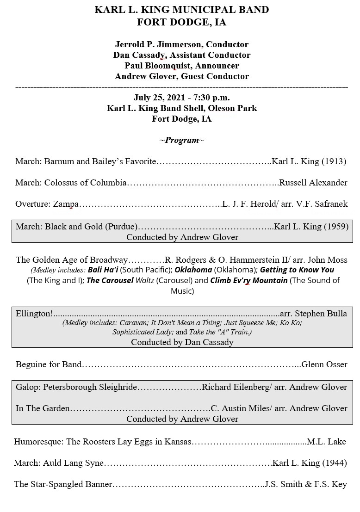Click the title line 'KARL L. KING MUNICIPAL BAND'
point(181,10)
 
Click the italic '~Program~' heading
point(181,140)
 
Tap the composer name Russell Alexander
point(313,183)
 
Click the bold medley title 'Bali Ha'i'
point(103,270)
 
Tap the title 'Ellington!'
point(34,314)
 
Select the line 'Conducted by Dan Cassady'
point(182,342)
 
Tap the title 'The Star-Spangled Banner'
point(63,484)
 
